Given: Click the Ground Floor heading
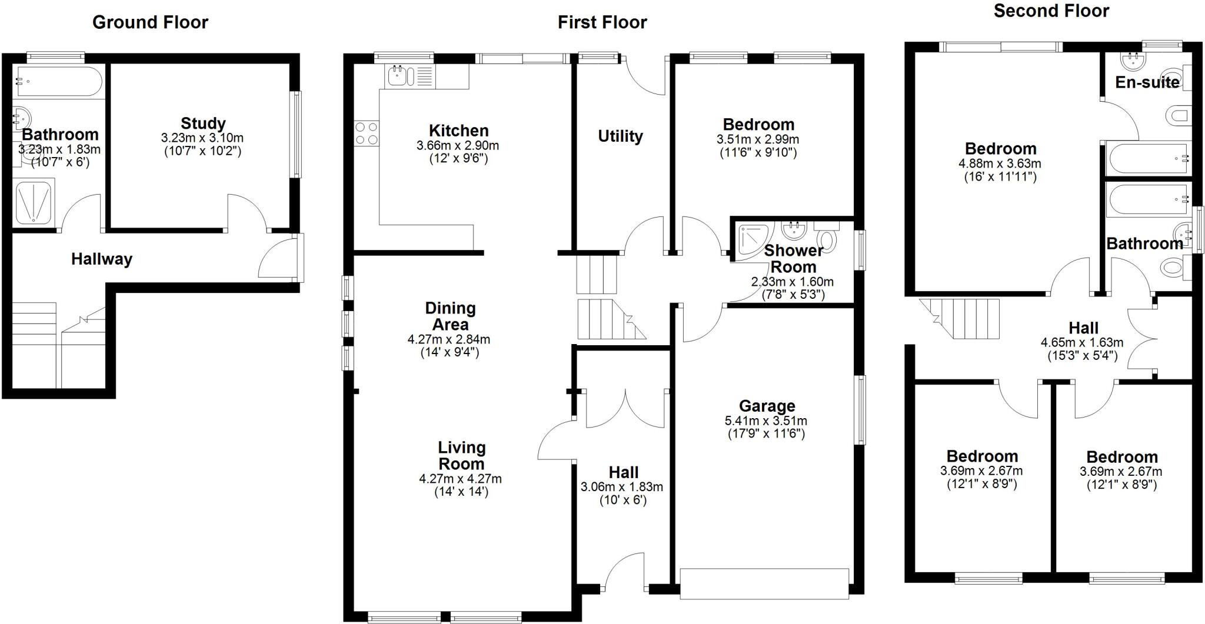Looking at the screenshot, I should point(150,22).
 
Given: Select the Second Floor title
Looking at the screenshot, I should point(1051,11).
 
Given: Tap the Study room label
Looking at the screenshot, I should point(203,124).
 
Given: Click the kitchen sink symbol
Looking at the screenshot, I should point(398,75).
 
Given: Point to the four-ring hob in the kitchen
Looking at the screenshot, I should point(366,134).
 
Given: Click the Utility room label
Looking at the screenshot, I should point(620,136).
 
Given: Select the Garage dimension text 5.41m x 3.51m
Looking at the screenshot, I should point(766,421).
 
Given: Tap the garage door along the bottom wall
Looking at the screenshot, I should point(764,583).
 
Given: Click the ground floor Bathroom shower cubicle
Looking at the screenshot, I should point(34,202).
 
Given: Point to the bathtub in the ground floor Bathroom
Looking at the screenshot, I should point(59,81).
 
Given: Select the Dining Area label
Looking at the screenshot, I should point(450,316).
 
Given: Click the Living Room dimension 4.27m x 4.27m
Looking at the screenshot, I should point(461,479).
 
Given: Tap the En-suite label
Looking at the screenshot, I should point(1147,82).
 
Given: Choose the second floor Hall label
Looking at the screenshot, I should point(1083,328).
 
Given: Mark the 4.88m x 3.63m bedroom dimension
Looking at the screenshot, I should point(1000,163).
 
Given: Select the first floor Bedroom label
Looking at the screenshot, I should point(758,125).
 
